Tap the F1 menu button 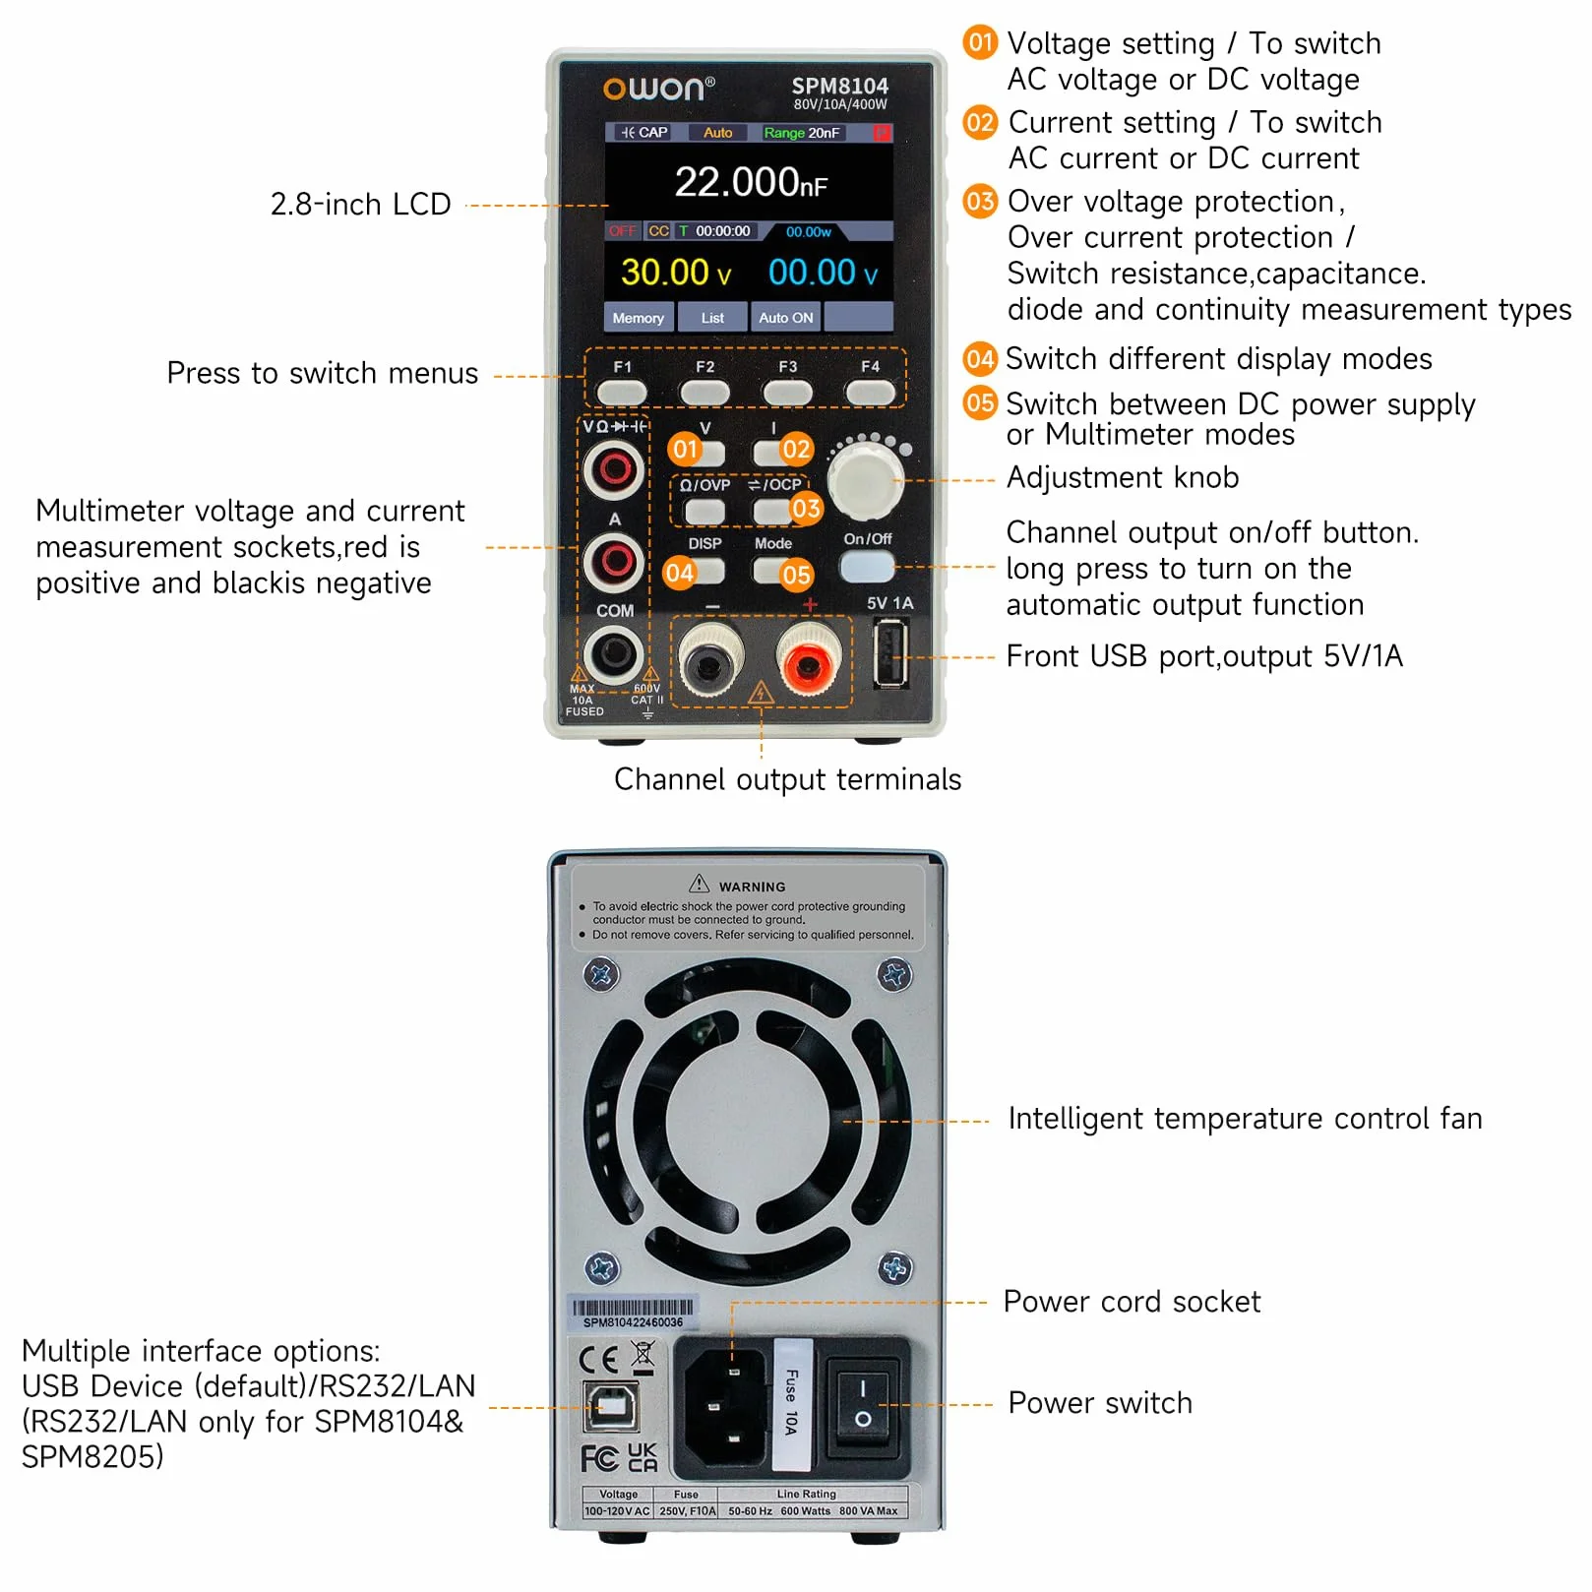pyautogui.click(x=622, y=393)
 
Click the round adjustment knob pyautogui.click(x=865, y=481)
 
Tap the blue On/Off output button pyautogui.click(x=867, y=567)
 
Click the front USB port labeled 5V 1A pyautogui.click(x=890, y=653)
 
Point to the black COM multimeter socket pyautogui.click(x=614, y=653)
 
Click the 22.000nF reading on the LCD pyautogui.click(x=750, y=182)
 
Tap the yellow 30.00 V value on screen pyautogui.click(x=676, y=273)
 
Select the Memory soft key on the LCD pyautogui.click(x=638, y=318)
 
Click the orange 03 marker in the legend pyautogui.click(x=980, y=201)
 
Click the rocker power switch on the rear pyautogui.click(x=862, y=1404)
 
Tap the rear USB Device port pyautogui.click(x=611, y=1407)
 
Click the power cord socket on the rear pyautogui.click(x=725, y=1406)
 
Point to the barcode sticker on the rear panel pyautogui.click(x=634, y=1313)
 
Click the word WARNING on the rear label pyautogui.click(x=752, y=887)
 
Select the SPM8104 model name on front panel pyautogui.click(x=839, y=87)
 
